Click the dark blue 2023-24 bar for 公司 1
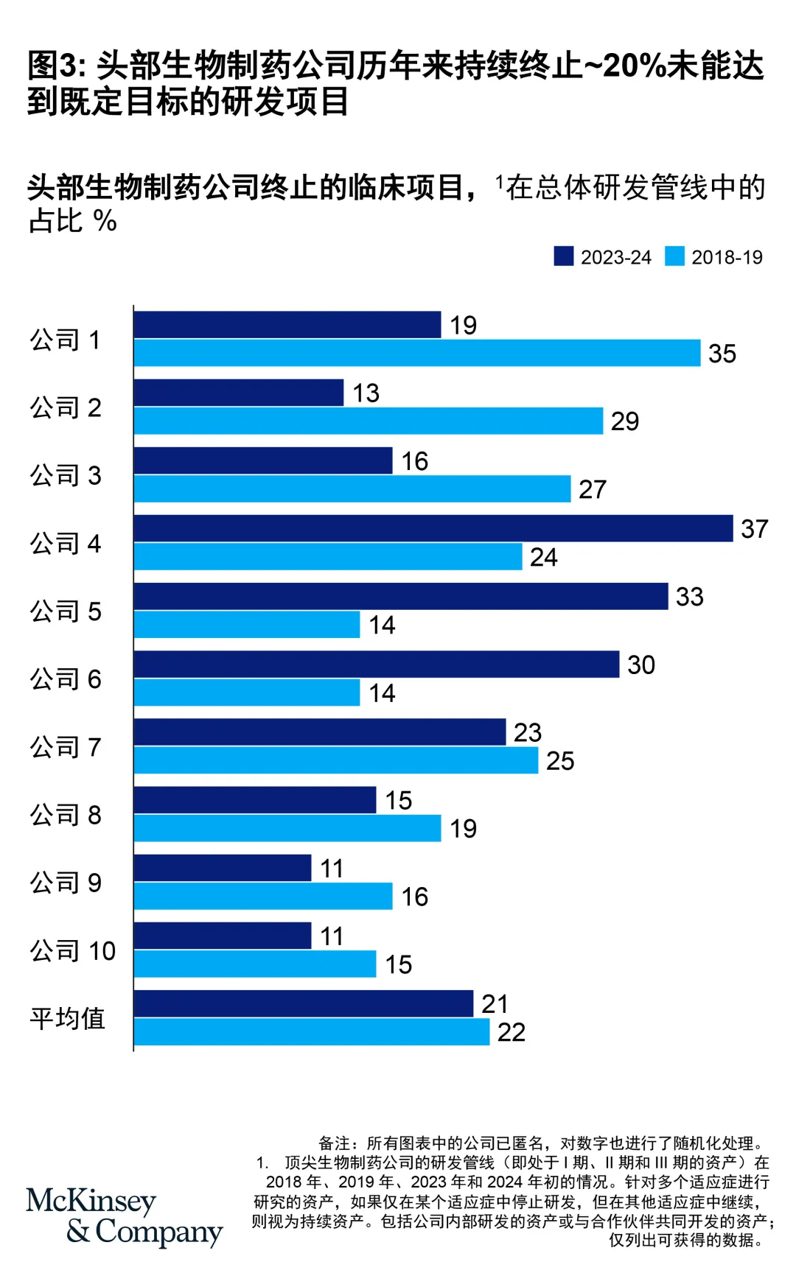287,325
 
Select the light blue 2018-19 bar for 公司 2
369,421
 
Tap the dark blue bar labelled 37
433,528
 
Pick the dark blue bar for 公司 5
401,596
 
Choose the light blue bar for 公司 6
247,692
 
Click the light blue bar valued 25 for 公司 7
336,760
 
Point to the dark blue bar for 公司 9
223,868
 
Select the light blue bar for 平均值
312,1031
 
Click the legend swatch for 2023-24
564,256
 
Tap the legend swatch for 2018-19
674,256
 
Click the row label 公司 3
66,475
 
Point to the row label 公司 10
73,950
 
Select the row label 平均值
68,1018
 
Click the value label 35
722,354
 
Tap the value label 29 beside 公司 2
625,421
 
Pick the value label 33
690,597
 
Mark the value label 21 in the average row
495,1003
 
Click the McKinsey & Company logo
124,1217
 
